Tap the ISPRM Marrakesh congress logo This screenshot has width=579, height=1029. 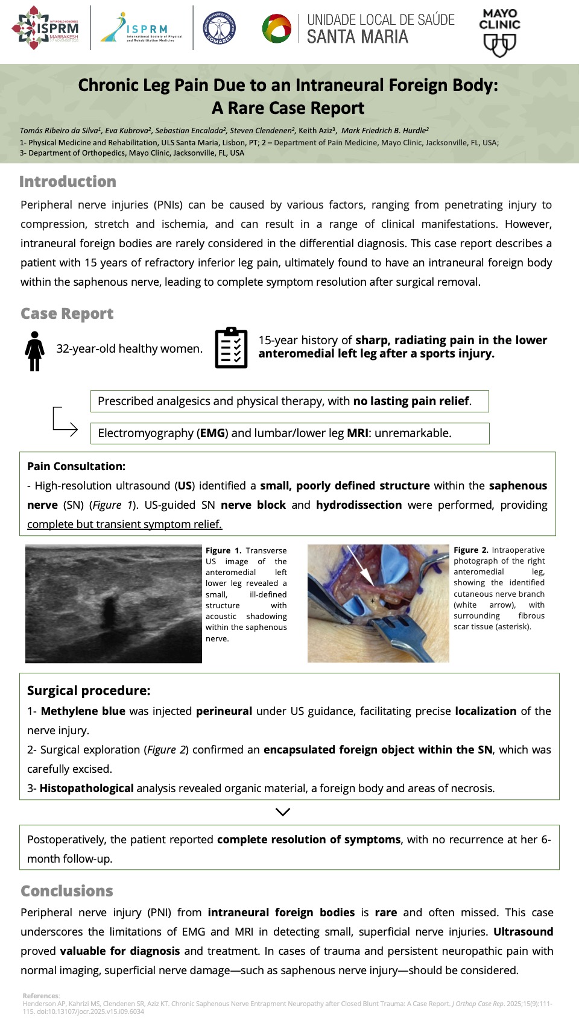(46, 28)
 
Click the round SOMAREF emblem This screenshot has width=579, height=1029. (219, 28)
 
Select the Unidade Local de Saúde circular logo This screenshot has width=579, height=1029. (277, 28)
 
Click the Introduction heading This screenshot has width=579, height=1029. (68, 181)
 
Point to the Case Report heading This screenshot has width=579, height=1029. (67, 313)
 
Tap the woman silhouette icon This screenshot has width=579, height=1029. (35, 351)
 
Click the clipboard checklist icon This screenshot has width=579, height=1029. (231, 348)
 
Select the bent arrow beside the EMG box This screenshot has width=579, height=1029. (64, 421)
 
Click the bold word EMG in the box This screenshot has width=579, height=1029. (212, 433)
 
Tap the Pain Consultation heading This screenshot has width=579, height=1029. (76, 466)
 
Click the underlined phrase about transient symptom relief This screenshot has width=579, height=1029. (124, 524)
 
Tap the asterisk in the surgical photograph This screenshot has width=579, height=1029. (373, 601)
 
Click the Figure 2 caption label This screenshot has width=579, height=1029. (470, 550)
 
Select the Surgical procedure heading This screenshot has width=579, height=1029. (89, 690)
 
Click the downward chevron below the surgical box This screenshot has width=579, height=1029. (282, 812)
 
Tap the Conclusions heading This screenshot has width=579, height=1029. (67, 891)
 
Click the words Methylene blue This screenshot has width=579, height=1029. (83, 711)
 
